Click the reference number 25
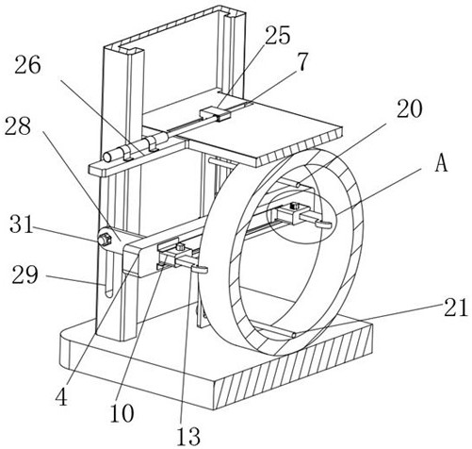(x=277, y=35)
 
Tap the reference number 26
(x=27, y=65)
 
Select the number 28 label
(x=18, y=125)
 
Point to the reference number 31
(x=21, y=225)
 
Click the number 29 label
(x=25, y=274)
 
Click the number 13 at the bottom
(x=188, y=436)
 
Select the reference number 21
(x=455, y=308)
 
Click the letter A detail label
(x=442, y=163)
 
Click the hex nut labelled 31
(x=105, y=240)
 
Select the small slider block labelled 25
(x=216, y=114)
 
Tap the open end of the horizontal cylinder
(x=107, y=157)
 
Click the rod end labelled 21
(x=294, y=336)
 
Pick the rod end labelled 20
(x=298, y=185)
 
